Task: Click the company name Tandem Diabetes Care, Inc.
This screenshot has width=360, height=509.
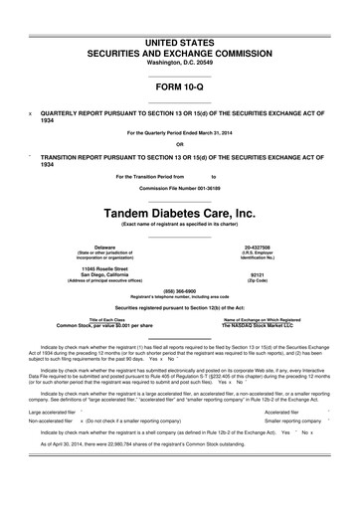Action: [x=180, y=212]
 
